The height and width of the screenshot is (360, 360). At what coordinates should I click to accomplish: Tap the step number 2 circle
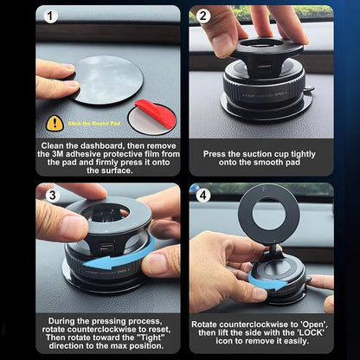click(203, 16)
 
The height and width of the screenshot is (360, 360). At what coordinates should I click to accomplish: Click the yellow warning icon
click(55, 123)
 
